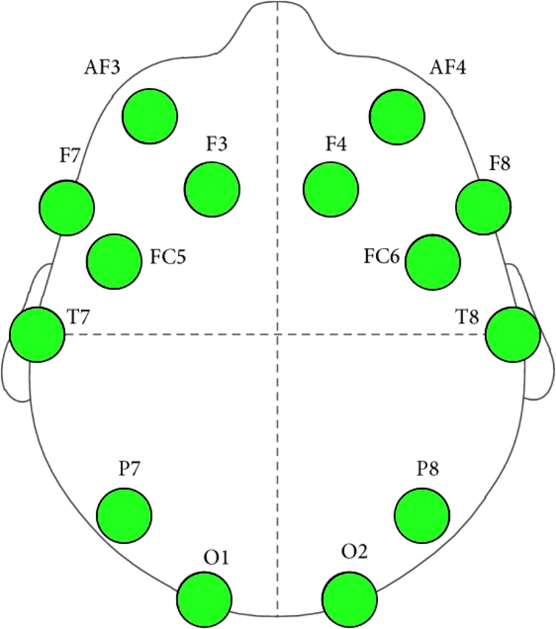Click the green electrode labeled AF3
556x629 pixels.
(x=151, y=116)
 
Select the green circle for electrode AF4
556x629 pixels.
(x=398, y=116)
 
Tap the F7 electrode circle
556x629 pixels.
(x=67, y=208)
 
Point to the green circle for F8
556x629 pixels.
(x=483, y=207)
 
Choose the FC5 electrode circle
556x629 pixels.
(x=114, y=261)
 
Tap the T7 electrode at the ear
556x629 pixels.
(x=37, y=334)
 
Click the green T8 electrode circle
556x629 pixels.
(x=513, y=334)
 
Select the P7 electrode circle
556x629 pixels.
(x=125, y=516)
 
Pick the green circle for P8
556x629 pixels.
(x=422, y=515)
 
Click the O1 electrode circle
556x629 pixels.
(x=204, y=600)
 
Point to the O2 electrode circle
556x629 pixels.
(x=350, y=600)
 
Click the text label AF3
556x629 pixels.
(x=103, y=70)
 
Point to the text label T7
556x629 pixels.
(x=80, y=317)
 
